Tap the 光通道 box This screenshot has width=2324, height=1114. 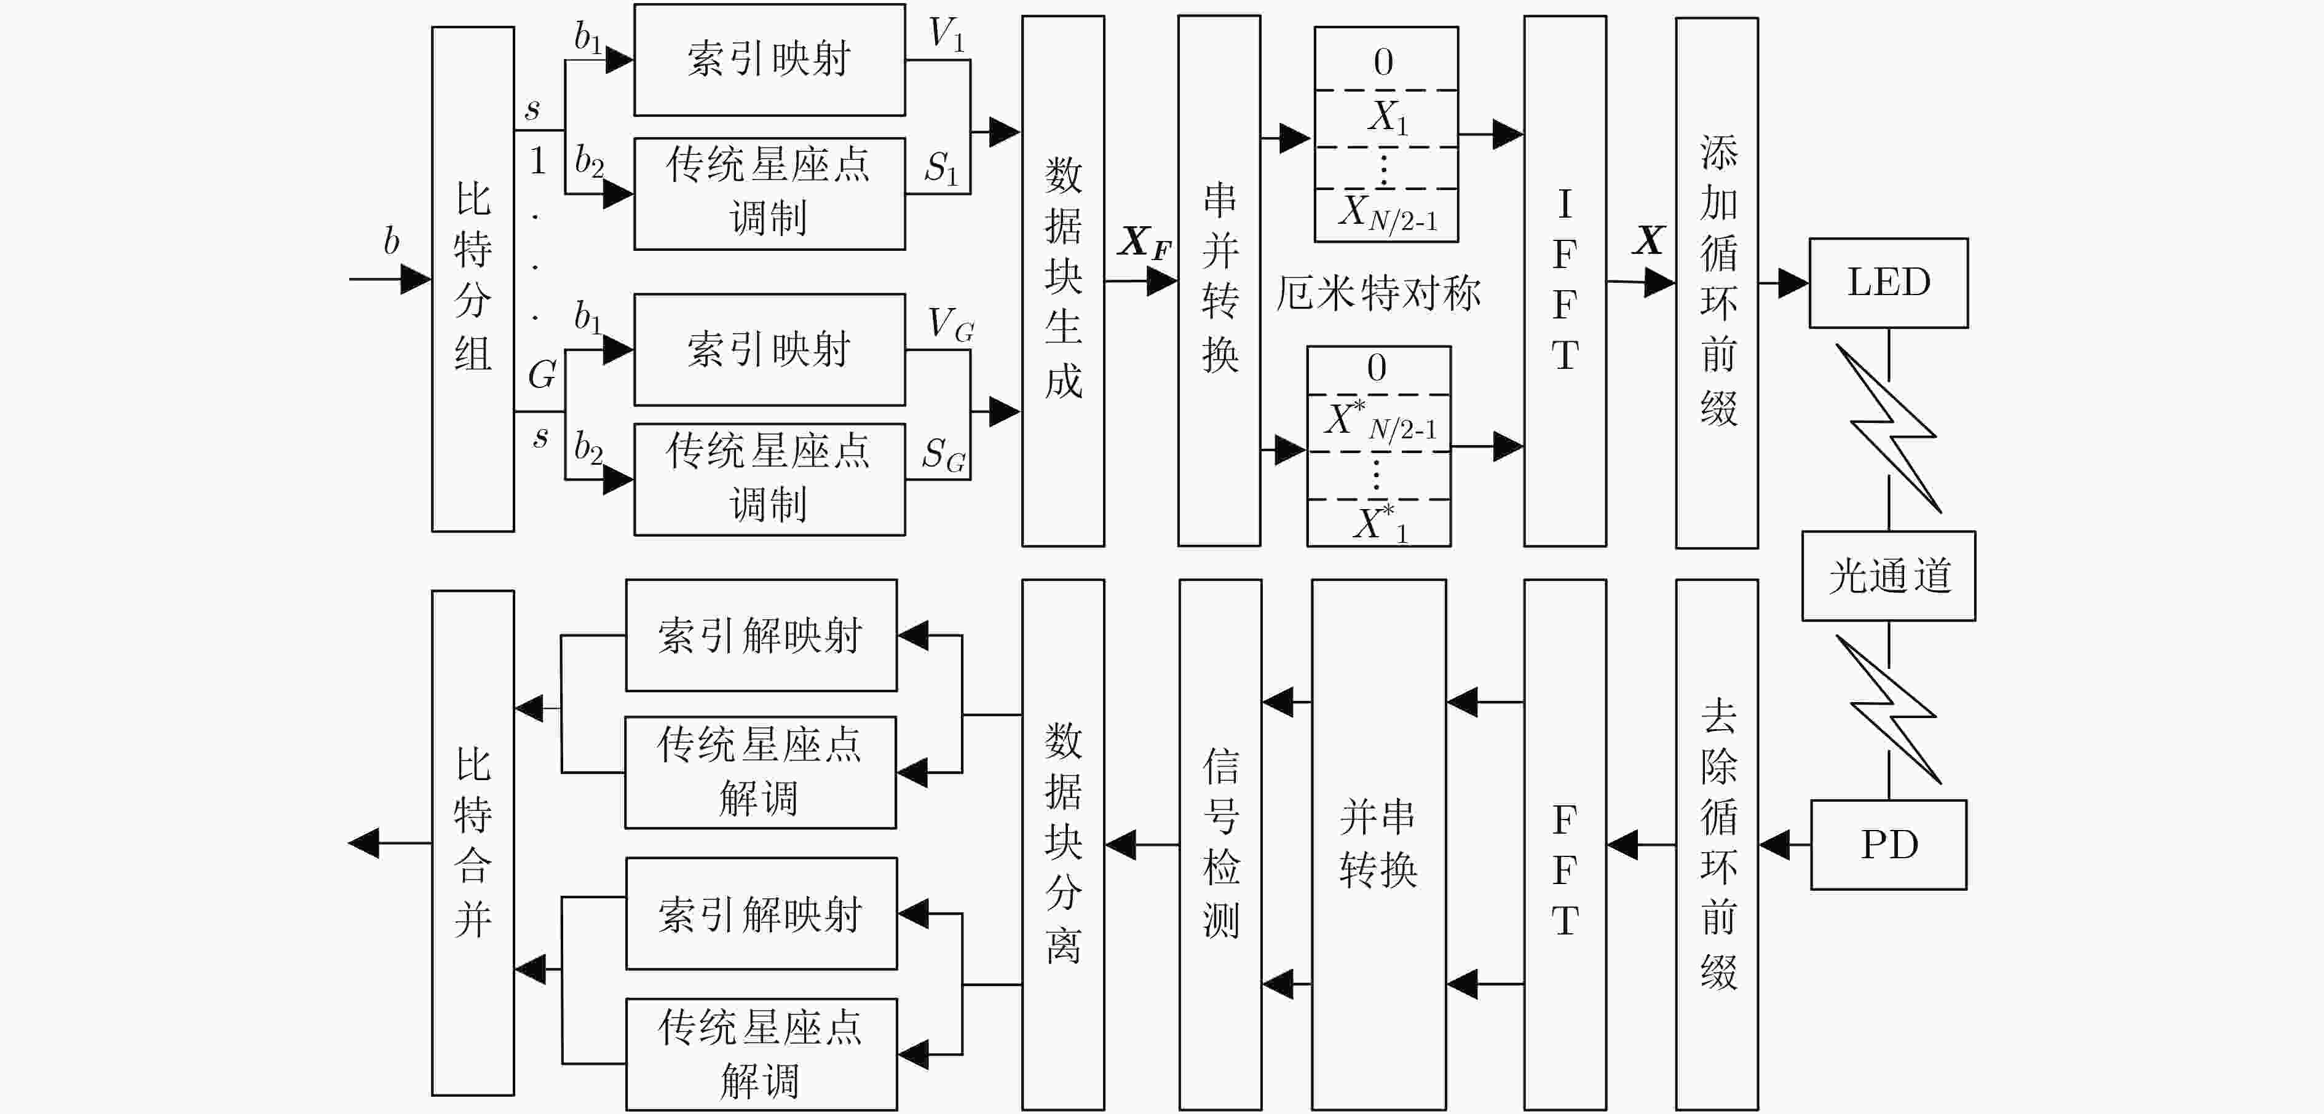click(1888, 575)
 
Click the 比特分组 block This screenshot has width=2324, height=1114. click(473, 278)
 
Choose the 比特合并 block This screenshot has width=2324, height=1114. click(473, 842)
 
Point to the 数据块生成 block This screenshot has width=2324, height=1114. click(1063, 280)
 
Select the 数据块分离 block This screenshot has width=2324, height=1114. click(1063, 844)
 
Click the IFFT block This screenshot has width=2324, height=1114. click(1565, 280)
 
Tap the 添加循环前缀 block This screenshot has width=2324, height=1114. click(1717, 282)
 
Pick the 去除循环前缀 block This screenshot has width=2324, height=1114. click(1717, 844)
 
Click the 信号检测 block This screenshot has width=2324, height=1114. click(1220, 844)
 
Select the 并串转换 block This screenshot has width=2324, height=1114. click(1378, 844)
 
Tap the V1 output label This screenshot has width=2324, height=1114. click(946, 34)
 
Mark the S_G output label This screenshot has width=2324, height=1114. click(944, 454)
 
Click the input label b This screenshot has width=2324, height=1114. click(390, 241)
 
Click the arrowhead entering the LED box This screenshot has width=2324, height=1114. click(1793, 283)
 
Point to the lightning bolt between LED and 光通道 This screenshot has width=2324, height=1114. click(1888, 429)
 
